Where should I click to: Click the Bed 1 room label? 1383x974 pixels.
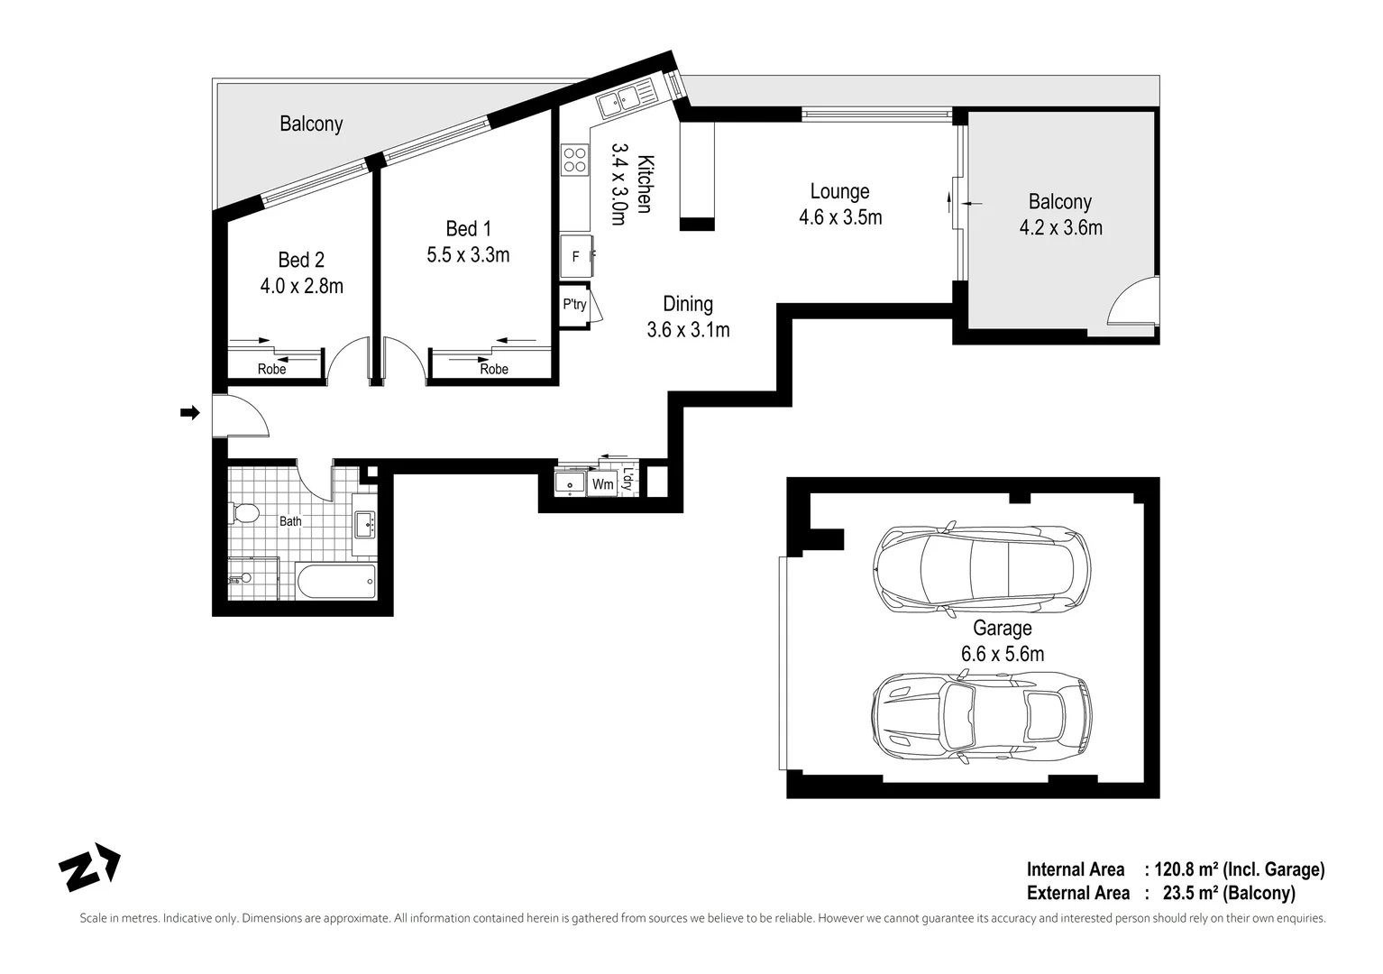(x=468, y=229)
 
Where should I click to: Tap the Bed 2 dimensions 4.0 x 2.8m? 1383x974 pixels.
(x=301, y=287)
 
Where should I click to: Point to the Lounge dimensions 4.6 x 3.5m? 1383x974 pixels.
(x=840, y=217)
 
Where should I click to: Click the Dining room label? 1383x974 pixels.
(x=688, y=304)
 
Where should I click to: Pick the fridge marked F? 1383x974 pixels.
(x=576, y=257)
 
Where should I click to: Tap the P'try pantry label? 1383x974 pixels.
(x=574, y=305)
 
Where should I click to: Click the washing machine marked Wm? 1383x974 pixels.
(x=602, y=484)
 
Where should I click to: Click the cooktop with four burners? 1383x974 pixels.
(x=574, y=160)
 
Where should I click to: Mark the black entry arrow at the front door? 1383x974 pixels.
(x=189, y=413)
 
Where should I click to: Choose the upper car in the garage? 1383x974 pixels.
(x=982, y=568)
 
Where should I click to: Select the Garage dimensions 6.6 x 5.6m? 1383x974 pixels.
(x=1002, y=654)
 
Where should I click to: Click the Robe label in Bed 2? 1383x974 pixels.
(x=271, y=369)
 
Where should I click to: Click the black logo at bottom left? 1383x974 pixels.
(x=89, y=868)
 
